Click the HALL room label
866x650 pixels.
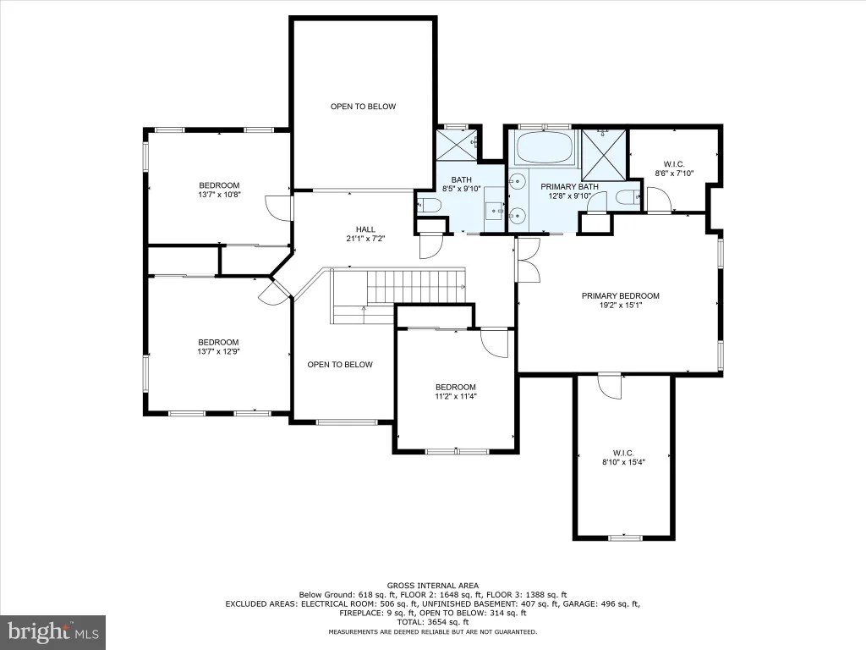(365, 229)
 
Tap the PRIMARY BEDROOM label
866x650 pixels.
(620, 295)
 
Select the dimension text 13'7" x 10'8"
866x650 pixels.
(219, 195)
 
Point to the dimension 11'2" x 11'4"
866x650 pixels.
(455, 396)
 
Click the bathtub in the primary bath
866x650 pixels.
(545, 147)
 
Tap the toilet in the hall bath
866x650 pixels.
(429, 205)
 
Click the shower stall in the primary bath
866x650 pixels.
(604, 155)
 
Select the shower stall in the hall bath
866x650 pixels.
(457, 145)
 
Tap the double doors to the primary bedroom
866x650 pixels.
(529, 260)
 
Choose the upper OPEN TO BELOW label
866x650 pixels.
(364, 107)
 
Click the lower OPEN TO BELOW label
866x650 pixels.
(340, 365)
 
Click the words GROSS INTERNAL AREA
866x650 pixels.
(433, 586)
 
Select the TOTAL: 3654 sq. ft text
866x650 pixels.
(433, 622)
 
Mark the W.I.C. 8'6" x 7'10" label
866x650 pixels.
(674, 168)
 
